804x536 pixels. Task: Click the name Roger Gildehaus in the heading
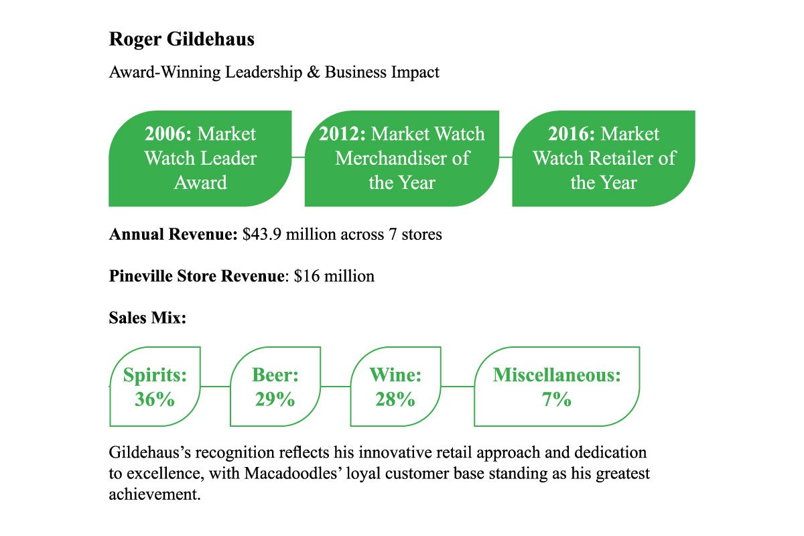click(x=182, y=40)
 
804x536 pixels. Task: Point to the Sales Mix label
click(x=147, y=317)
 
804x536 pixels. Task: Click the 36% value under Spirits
click(x=154, y=400)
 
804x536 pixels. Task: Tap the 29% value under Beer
click(x=275, y=400)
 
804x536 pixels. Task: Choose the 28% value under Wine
click(x=395, y=400)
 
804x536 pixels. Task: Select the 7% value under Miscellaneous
click(x=557, y=400)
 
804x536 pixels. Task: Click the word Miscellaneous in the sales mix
click(x=557, y=375)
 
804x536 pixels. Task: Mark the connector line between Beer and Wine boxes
click(x=335, y=387)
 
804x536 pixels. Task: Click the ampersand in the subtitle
click(x=313, y=72)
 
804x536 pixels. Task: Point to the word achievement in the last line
click(x=154, y=495)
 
